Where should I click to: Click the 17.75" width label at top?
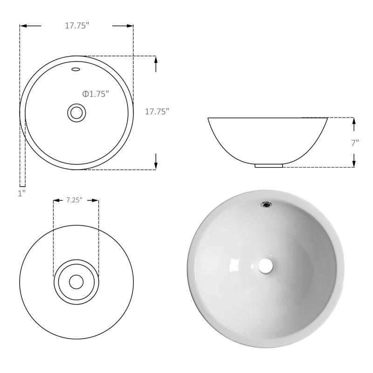(77, 26)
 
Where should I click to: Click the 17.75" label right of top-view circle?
(157, 111)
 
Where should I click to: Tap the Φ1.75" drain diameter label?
(96, 94)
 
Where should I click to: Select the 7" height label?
(355, 143)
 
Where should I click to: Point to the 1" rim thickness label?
(21, 193)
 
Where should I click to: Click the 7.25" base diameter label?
(74, 200)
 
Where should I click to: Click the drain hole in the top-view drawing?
(76, 112)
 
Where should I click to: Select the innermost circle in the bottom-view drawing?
(76, 282)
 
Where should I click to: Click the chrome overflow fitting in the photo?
(267, 203)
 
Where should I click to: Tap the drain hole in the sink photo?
(265, 266)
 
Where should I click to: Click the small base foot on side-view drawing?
(269, 165)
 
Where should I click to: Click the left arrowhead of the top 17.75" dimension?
(23, 26)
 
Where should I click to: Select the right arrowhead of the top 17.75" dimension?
(130, 26)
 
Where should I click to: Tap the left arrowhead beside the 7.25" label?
(56, 200)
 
